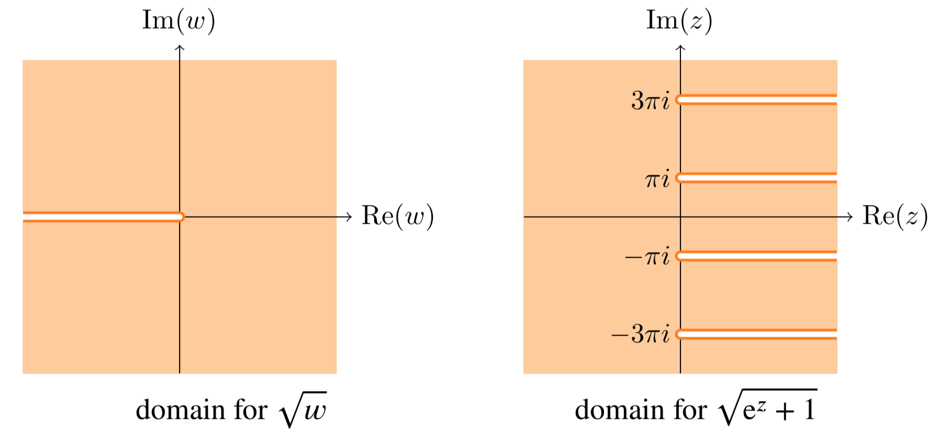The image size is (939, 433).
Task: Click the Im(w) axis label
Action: click(178, 21)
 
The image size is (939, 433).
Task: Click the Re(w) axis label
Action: click(398, 216)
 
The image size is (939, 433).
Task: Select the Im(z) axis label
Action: click(679, 21)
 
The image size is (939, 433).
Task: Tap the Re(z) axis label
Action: click(895, 216)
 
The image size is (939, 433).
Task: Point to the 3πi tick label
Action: click(650, 100)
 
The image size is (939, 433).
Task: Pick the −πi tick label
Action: click(647, 257)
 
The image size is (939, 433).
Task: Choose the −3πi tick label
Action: click(640, 334)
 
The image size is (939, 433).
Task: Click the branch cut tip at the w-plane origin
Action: click(181, 216)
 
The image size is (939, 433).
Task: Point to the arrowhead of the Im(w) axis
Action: click(180, 48)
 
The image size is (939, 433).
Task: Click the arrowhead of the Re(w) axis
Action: click(350, 216)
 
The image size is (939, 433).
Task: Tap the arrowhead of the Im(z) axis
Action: click(680, 48)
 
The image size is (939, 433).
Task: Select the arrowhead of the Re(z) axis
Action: click(851, 216)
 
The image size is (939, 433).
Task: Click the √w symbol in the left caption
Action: click(304, 409)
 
